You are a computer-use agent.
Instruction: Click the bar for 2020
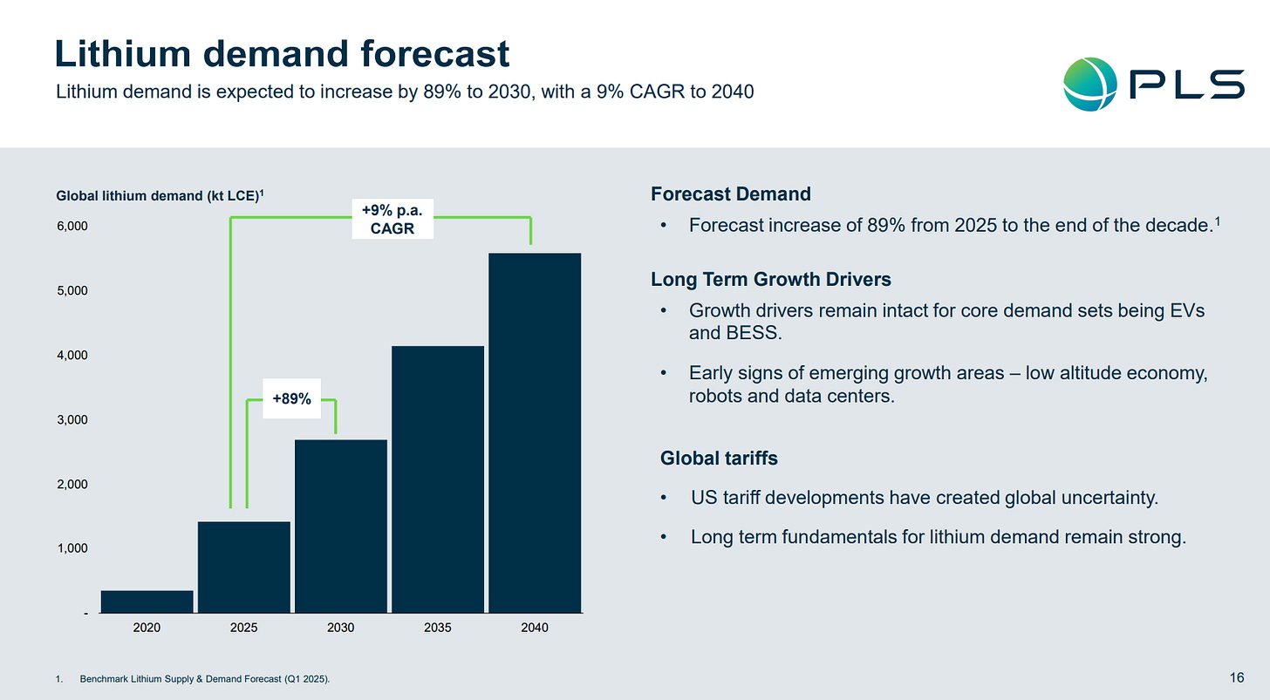click(147, 601)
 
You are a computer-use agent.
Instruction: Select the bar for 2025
click(243, 567)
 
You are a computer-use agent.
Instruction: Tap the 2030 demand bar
click(340, 527)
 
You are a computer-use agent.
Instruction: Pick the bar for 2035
click(437, 479)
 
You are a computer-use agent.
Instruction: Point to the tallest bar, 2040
click(534, 433)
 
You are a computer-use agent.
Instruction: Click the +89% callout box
click(291, 399)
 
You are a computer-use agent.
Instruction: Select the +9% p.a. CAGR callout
click(392, 220)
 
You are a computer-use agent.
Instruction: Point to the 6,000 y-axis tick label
click(72, 227)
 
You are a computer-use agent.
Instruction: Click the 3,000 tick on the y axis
click(72, 420)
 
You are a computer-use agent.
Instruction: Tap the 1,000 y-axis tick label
click(72, 549)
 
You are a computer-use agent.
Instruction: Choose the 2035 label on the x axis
click(437, 628)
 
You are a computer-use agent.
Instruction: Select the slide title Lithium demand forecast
click(282, 54)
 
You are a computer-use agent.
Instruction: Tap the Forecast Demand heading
click(731, 194)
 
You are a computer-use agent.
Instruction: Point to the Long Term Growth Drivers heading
click(771, 280)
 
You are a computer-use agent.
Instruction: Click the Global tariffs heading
click(719, 459)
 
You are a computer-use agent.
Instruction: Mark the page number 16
click(1237, 677)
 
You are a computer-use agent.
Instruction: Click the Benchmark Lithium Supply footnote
click(204, 678)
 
